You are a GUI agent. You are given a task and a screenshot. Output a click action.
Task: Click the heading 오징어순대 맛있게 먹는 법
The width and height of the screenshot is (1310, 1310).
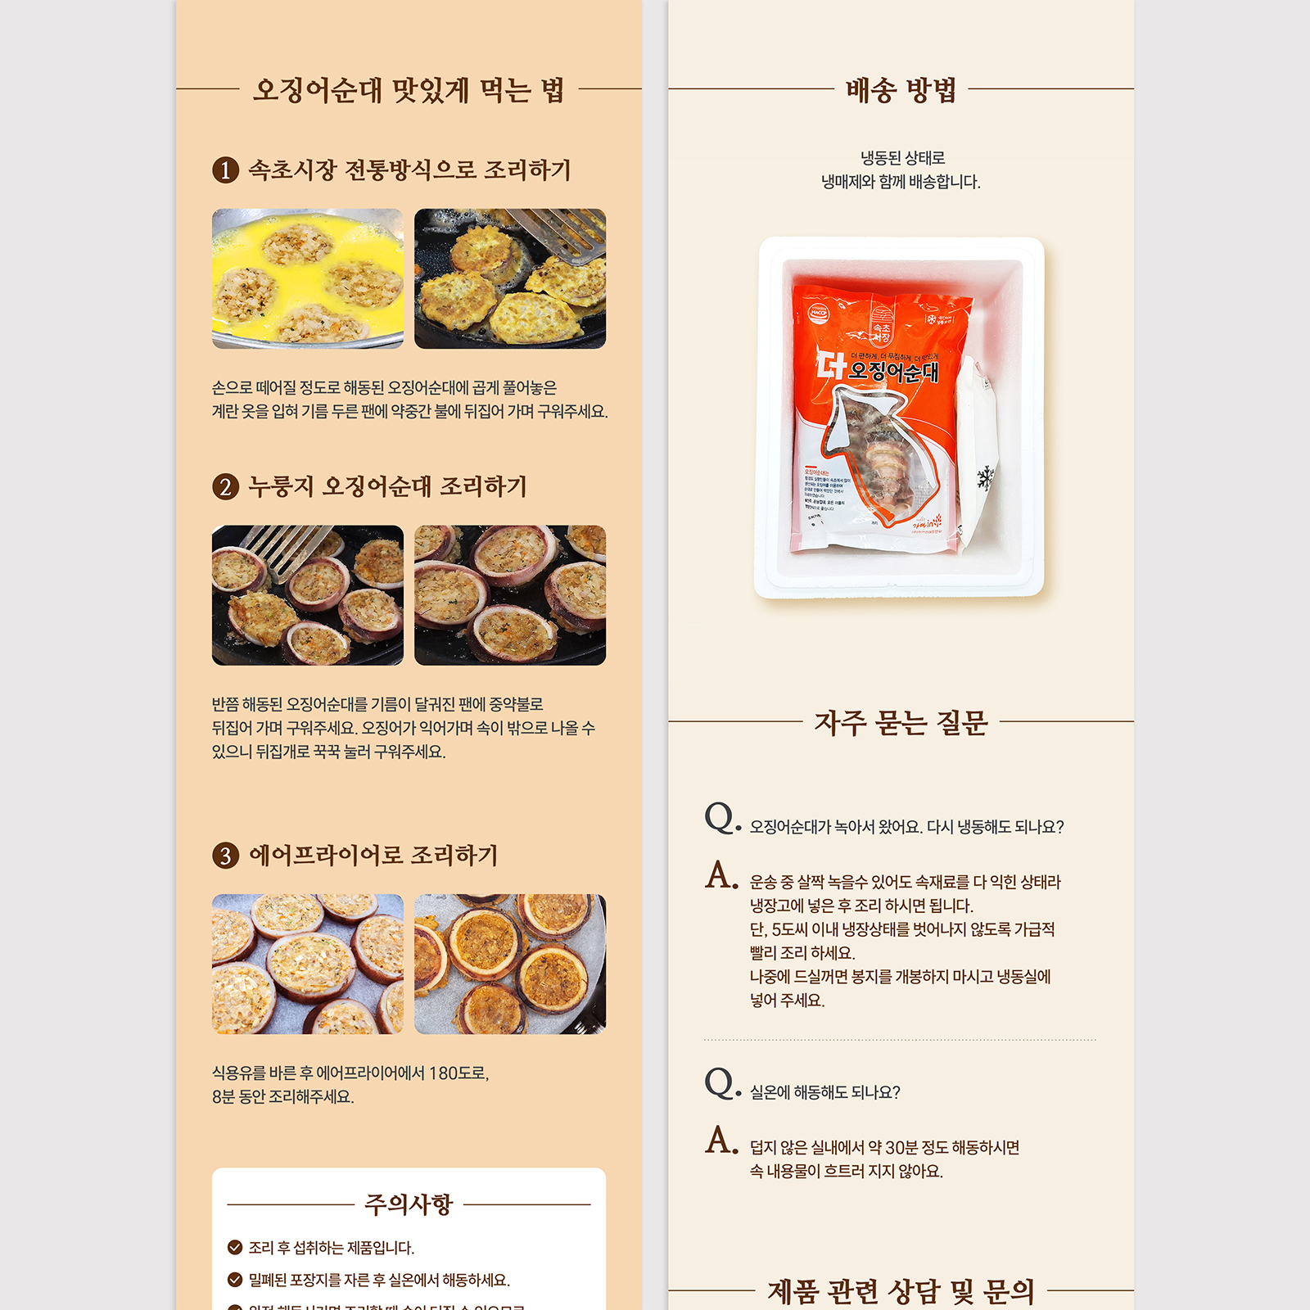point(408,90)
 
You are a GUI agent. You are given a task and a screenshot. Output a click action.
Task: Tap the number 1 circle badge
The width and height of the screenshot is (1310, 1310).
point(225,170)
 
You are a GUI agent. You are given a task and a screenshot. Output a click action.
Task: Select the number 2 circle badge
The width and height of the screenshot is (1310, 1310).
point(225,487)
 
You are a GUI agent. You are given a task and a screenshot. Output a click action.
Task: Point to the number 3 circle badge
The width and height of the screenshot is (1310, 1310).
point(225,856)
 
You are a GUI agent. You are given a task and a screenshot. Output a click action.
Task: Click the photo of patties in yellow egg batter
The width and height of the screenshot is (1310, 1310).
point(308,278)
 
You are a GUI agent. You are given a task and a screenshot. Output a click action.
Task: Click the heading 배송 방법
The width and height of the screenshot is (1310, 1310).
point(901,90)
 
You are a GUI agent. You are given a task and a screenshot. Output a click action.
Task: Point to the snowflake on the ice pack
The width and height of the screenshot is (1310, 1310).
point(986,477)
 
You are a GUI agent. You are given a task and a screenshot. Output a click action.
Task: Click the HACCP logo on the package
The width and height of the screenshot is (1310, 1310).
point(819,312)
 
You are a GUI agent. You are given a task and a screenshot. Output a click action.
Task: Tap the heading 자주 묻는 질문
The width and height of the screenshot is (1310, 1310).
point(901,723)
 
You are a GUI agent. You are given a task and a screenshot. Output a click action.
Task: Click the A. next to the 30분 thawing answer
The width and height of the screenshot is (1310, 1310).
point(721,1140)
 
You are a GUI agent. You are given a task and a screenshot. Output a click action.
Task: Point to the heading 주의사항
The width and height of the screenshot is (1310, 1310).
point(408,1204)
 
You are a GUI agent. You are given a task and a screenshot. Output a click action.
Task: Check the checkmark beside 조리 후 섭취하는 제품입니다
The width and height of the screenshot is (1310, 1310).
point(235,1248)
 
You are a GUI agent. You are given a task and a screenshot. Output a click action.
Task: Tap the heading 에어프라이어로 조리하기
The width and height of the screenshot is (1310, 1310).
point(373,856)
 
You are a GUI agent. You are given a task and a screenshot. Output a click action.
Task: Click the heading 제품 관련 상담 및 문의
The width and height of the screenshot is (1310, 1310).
point(901,1291)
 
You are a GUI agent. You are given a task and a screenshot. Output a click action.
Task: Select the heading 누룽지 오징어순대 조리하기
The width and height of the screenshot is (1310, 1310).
point(387,487)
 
